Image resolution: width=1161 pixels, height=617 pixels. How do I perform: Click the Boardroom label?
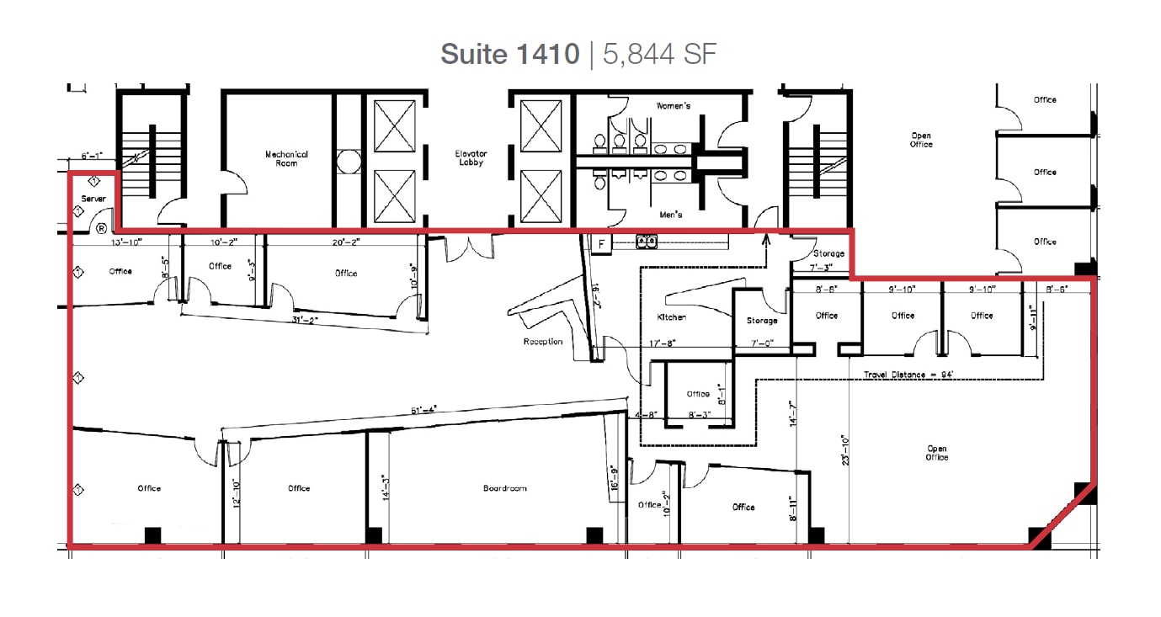point(505,488)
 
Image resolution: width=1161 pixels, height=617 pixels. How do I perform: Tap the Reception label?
point(543,342)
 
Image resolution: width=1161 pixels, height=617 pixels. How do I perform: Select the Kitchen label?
point(672,317)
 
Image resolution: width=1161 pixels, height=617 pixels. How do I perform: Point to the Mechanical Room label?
point(286,158)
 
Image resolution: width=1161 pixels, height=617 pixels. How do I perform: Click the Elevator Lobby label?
point(471,158)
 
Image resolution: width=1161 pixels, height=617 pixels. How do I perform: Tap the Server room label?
point(93,199)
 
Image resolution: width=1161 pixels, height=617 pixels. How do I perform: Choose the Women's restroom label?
point(674,106)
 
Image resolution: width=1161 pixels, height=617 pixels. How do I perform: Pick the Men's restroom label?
point(671,215)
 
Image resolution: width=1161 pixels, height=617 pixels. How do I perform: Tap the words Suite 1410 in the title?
point(510,55)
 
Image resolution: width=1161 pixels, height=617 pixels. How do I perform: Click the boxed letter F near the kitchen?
point(601,245)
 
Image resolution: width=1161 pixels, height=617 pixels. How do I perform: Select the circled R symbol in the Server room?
point(101,228)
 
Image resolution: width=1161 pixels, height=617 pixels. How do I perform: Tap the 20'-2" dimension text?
point(346,242)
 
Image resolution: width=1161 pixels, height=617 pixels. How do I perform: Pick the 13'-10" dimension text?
point(126,242)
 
